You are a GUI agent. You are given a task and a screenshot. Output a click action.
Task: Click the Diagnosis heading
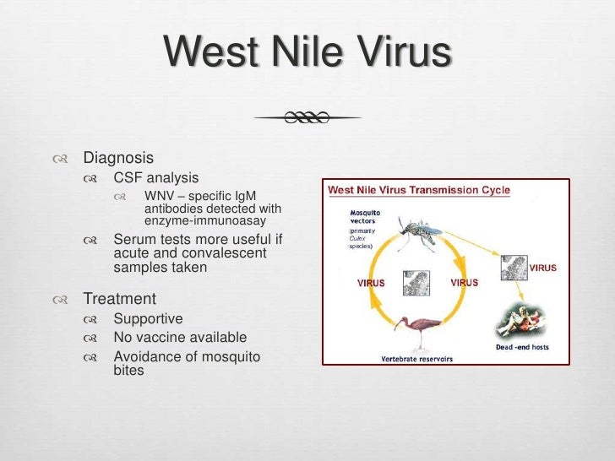[117, 157]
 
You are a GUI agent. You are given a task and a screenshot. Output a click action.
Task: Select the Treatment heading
[119, 299]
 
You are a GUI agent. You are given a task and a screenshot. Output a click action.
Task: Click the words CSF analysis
[156, 178]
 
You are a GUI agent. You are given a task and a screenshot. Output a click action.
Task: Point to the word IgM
[243, 197]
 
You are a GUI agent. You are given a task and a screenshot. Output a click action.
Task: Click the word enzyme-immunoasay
[205, 220]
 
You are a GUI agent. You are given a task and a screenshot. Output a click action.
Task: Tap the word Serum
[135, 239]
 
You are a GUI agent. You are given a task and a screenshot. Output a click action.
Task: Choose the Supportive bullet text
[148, 319]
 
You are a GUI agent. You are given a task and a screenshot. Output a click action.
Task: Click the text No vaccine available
[180, 338]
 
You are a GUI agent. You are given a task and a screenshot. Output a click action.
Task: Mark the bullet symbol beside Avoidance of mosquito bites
[90, 357]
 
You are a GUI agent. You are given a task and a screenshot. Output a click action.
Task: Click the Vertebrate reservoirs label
[416, 358]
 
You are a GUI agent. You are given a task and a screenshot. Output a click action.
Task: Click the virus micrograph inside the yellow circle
[417, 282]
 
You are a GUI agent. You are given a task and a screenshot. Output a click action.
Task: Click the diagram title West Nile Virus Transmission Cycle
[418, 190]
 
